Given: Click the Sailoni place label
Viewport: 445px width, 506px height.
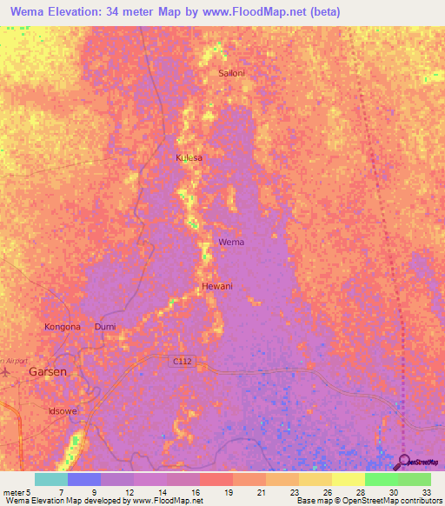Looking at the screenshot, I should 231,74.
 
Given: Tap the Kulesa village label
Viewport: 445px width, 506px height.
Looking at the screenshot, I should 189,157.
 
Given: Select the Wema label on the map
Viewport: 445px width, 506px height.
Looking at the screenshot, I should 231,242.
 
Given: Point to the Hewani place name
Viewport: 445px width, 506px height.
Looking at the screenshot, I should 217,286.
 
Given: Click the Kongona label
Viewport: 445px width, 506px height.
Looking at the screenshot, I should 63,327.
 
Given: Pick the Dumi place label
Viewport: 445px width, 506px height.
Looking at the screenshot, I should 104,327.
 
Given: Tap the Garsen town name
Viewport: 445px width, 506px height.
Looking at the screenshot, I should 48,371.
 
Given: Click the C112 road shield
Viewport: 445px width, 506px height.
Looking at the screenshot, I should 180,360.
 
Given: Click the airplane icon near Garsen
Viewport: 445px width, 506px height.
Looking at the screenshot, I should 7,371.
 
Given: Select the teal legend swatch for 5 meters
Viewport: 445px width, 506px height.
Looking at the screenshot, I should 50,479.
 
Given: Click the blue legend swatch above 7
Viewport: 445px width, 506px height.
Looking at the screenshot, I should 83,479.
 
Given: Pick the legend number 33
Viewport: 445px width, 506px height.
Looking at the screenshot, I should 425,492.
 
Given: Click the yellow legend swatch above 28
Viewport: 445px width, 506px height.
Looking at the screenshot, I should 348,479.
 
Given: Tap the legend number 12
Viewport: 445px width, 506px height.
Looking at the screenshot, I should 129,492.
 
